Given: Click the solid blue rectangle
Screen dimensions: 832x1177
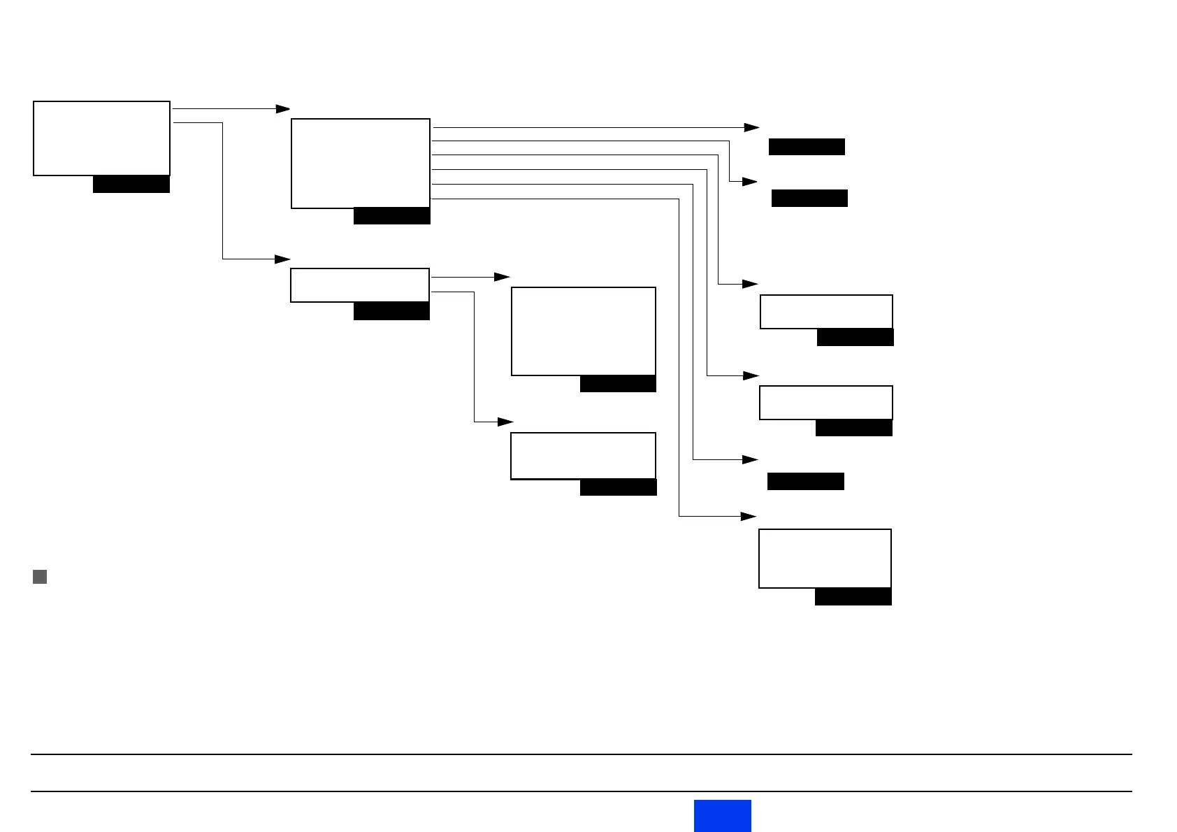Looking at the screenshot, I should tap(722, 815).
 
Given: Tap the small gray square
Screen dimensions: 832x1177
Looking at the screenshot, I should tap(40, 577).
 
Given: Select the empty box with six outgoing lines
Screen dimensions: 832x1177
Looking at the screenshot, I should tap(360, 164).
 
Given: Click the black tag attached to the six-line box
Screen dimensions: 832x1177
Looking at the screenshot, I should tap(391, 216).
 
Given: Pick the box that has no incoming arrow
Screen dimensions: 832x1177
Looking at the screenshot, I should tap(101, 138).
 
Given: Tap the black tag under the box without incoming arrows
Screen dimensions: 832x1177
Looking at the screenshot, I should tap(131, 184).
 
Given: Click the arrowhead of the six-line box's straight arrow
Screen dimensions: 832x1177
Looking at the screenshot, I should tap(751, 128).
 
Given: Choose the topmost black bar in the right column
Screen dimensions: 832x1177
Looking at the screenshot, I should tap(807, 147).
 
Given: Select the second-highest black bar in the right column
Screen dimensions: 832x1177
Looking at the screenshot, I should tap(809, 198).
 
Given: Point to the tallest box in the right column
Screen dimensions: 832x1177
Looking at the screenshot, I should tap(825, 559).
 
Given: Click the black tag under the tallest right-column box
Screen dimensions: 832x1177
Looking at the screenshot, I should tap(853, 596).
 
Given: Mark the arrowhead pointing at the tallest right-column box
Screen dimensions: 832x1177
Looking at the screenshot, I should tap(748, 516).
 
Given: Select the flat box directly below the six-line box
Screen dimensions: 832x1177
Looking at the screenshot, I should tap(359, 285).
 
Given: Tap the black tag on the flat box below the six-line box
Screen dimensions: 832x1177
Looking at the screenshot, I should tap(391, 311).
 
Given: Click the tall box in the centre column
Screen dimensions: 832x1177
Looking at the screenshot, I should tap(583, 331).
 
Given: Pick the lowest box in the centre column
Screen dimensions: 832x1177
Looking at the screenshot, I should tap(583, 456).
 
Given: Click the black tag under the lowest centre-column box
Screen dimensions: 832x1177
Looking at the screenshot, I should tap(618, 487).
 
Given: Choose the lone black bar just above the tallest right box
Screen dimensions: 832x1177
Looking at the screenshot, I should tap(805, 481).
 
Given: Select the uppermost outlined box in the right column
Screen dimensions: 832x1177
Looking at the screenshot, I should tap(826, 312).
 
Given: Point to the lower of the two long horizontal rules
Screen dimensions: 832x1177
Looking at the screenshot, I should tap(580, 791).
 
